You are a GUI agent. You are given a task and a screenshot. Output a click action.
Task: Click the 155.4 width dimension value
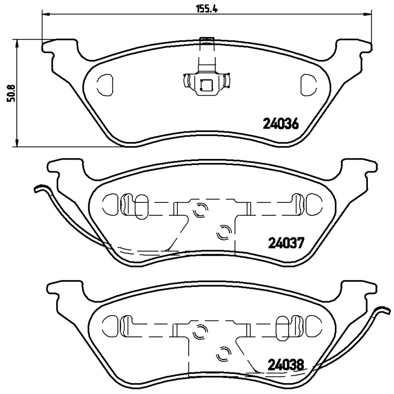[x=197, y=8]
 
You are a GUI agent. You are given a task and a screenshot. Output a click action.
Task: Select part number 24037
[x=288, y=242]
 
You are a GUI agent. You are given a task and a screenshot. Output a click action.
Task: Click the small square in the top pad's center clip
[x=206, y=85]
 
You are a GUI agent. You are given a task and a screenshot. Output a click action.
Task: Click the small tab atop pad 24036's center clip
[x=206, y=39]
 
